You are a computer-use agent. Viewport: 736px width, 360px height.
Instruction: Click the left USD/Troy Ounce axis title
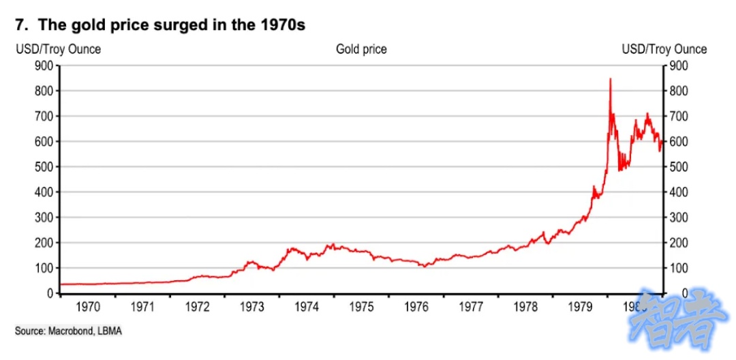pos(58,49)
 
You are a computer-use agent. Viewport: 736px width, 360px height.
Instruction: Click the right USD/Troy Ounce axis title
pos(664,49)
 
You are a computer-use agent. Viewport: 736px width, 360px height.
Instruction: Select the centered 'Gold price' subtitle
pos(361,49)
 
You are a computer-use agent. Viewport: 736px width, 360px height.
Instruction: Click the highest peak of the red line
pos(610,79)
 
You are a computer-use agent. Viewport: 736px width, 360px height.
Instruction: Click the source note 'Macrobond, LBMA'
pos(69,331)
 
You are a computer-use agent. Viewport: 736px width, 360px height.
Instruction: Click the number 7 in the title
pos(20,25)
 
